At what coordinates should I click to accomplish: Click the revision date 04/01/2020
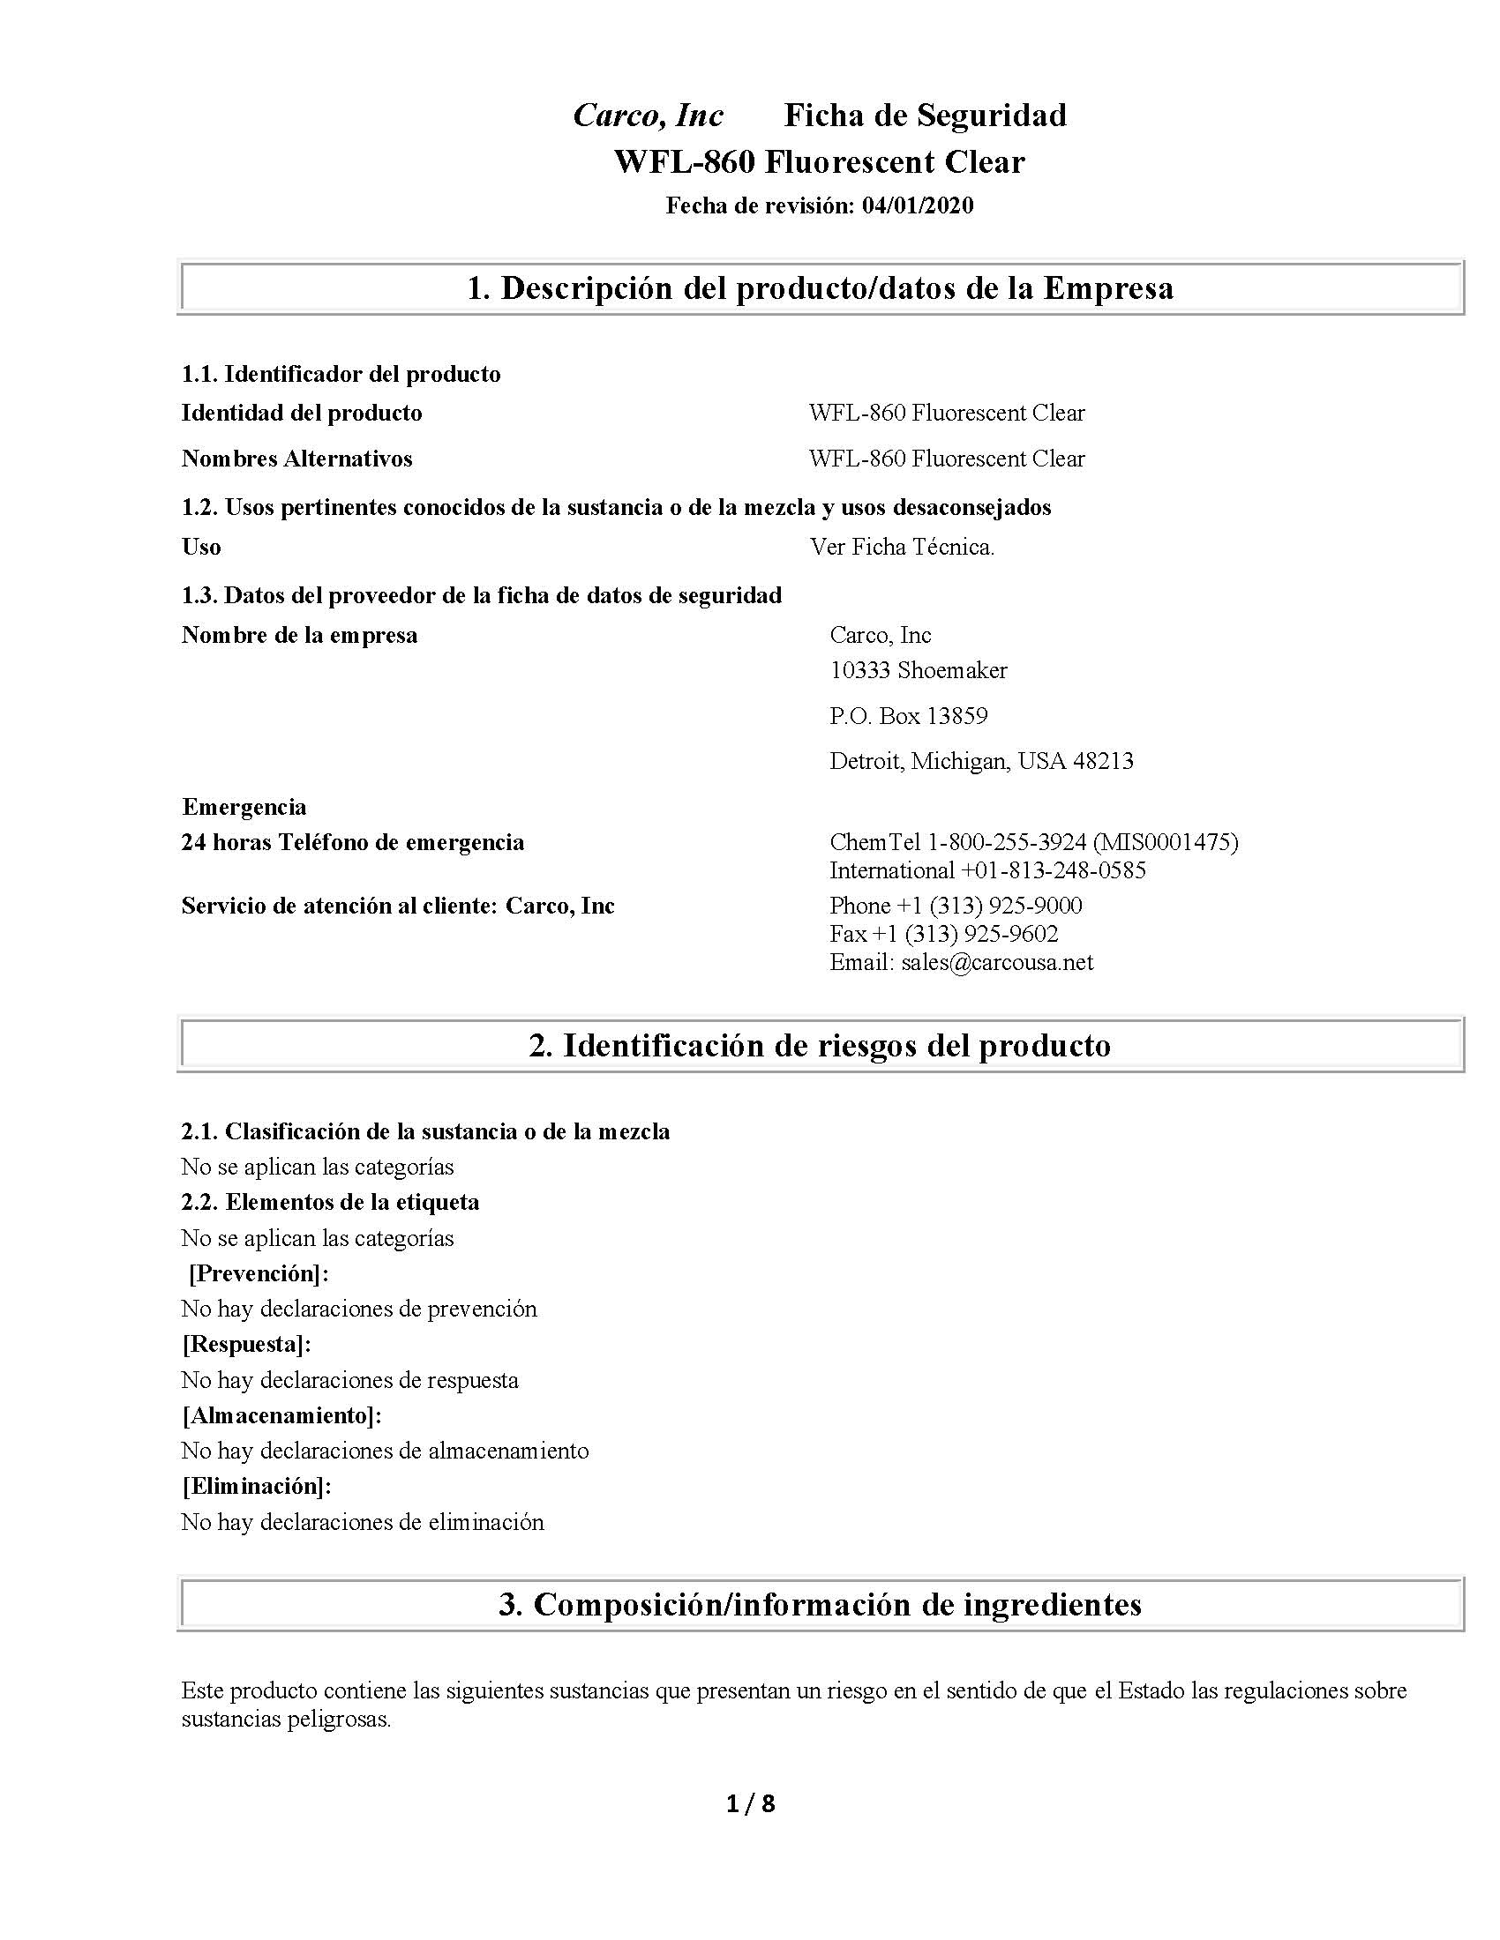[x=917, y=206]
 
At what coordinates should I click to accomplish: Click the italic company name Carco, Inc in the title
[x=648, y=116]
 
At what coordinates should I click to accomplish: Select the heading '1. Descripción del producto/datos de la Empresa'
[x=820, y=287]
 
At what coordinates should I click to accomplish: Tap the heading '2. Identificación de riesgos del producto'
[x=820, y=1045]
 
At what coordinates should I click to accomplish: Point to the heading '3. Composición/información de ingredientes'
[x=820, y=1604]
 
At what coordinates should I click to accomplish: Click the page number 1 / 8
[x=750, y=1803]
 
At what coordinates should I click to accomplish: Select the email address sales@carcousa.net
[x=996, y=962]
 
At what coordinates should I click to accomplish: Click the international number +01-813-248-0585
[x=1053, y=869]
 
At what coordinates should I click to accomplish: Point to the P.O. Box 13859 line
[x=908, y=716]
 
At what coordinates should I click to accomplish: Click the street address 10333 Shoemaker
[x=918, y=670]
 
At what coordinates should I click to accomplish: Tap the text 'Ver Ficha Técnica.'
[x=902, y=548]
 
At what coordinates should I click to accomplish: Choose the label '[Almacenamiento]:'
[x=281, y=1415]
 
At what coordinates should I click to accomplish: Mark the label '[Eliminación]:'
[x=257, y=1486]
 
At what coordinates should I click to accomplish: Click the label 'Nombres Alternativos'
[x=296, y=459]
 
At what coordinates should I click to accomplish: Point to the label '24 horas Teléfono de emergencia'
[x=353, y=842]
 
